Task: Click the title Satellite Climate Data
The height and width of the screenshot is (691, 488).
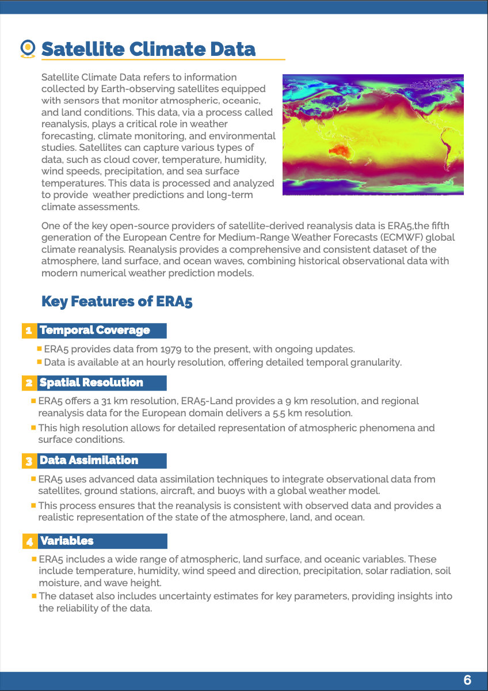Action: coord(148,49)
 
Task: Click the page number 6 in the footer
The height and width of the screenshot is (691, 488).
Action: coord(467,680)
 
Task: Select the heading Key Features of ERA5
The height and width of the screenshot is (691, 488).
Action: coord(117,302)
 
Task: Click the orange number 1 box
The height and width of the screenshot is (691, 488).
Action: coord(28,331)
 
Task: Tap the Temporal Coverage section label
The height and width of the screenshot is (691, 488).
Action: coord(95,331)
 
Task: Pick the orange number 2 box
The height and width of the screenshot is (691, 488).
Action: coord(28,383)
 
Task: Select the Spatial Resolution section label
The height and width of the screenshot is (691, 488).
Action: coord(91,383)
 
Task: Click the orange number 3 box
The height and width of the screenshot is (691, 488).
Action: coord(28,461)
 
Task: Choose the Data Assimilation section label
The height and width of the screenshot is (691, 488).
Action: coord(89,461)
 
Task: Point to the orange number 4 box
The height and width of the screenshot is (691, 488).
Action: coord(29,542)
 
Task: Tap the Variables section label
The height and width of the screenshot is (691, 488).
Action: coord(67,541)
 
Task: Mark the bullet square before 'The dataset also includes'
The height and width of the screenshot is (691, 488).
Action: coord(35,595)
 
